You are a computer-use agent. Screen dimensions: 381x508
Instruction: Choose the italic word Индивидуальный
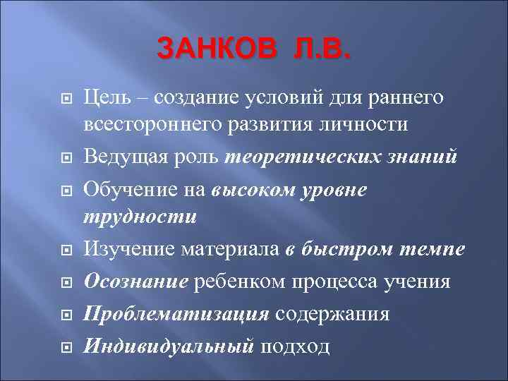(x=169, y=346)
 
